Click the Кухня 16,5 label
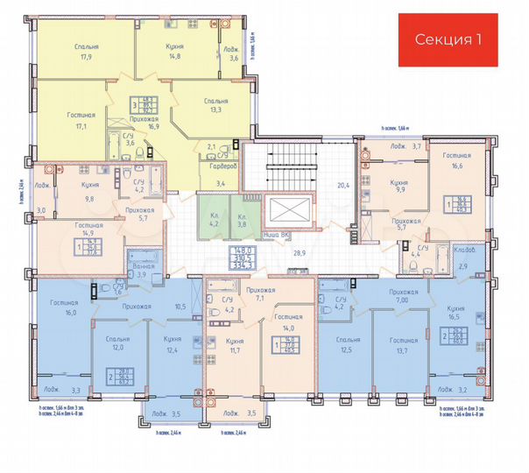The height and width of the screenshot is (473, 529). (454, 317)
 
